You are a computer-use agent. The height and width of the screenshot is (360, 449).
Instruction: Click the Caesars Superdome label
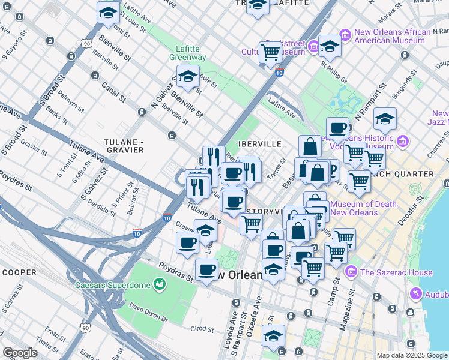pos(112,284)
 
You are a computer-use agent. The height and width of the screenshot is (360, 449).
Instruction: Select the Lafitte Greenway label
pos(191,53)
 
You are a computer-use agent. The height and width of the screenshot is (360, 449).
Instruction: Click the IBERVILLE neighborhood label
pos(260,145)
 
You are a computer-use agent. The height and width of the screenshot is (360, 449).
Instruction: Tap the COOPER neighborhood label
pos(19,272)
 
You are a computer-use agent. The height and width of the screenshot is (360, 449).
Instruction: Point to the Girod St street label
pos(202,329)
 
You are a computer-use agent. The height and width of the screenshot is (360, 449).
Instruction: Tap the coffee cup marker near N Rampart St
pos(337,128)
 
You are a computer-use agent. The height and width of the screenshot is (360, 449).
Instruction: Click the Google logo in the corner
pos(20,353)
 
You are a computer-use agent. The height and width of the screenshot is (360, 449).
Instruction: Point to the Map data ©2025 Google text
pos(412,355)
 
